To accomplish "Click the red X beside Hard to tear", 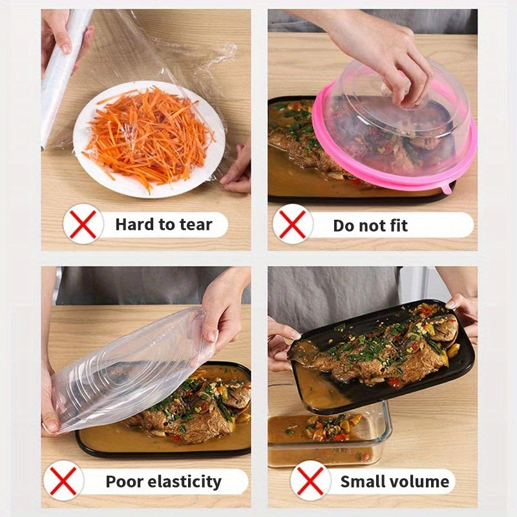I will (x=83, y=224).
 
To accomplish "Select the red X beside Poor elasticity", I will (x=64, y=481).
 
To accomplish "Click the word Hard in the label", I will (x=134, y=224).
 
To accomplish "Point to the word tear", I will (x=196, y=224).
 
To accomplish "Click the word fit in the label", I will (x=396, y=225).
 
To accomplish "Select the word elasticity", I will (x=189, y=481).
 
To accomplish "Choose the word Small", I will (x=364, y=481).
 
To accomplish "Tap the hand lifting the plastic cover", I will (x=223, y=310).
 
